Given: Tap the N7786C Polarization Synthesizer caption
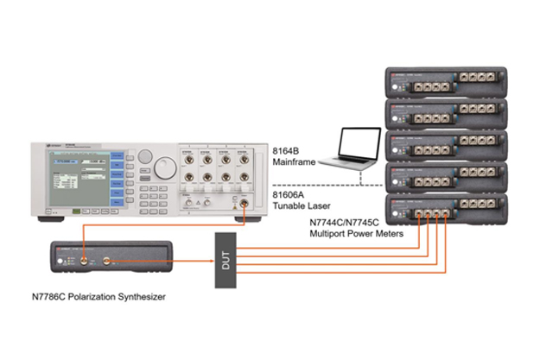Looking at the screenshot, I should point(100,301).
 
